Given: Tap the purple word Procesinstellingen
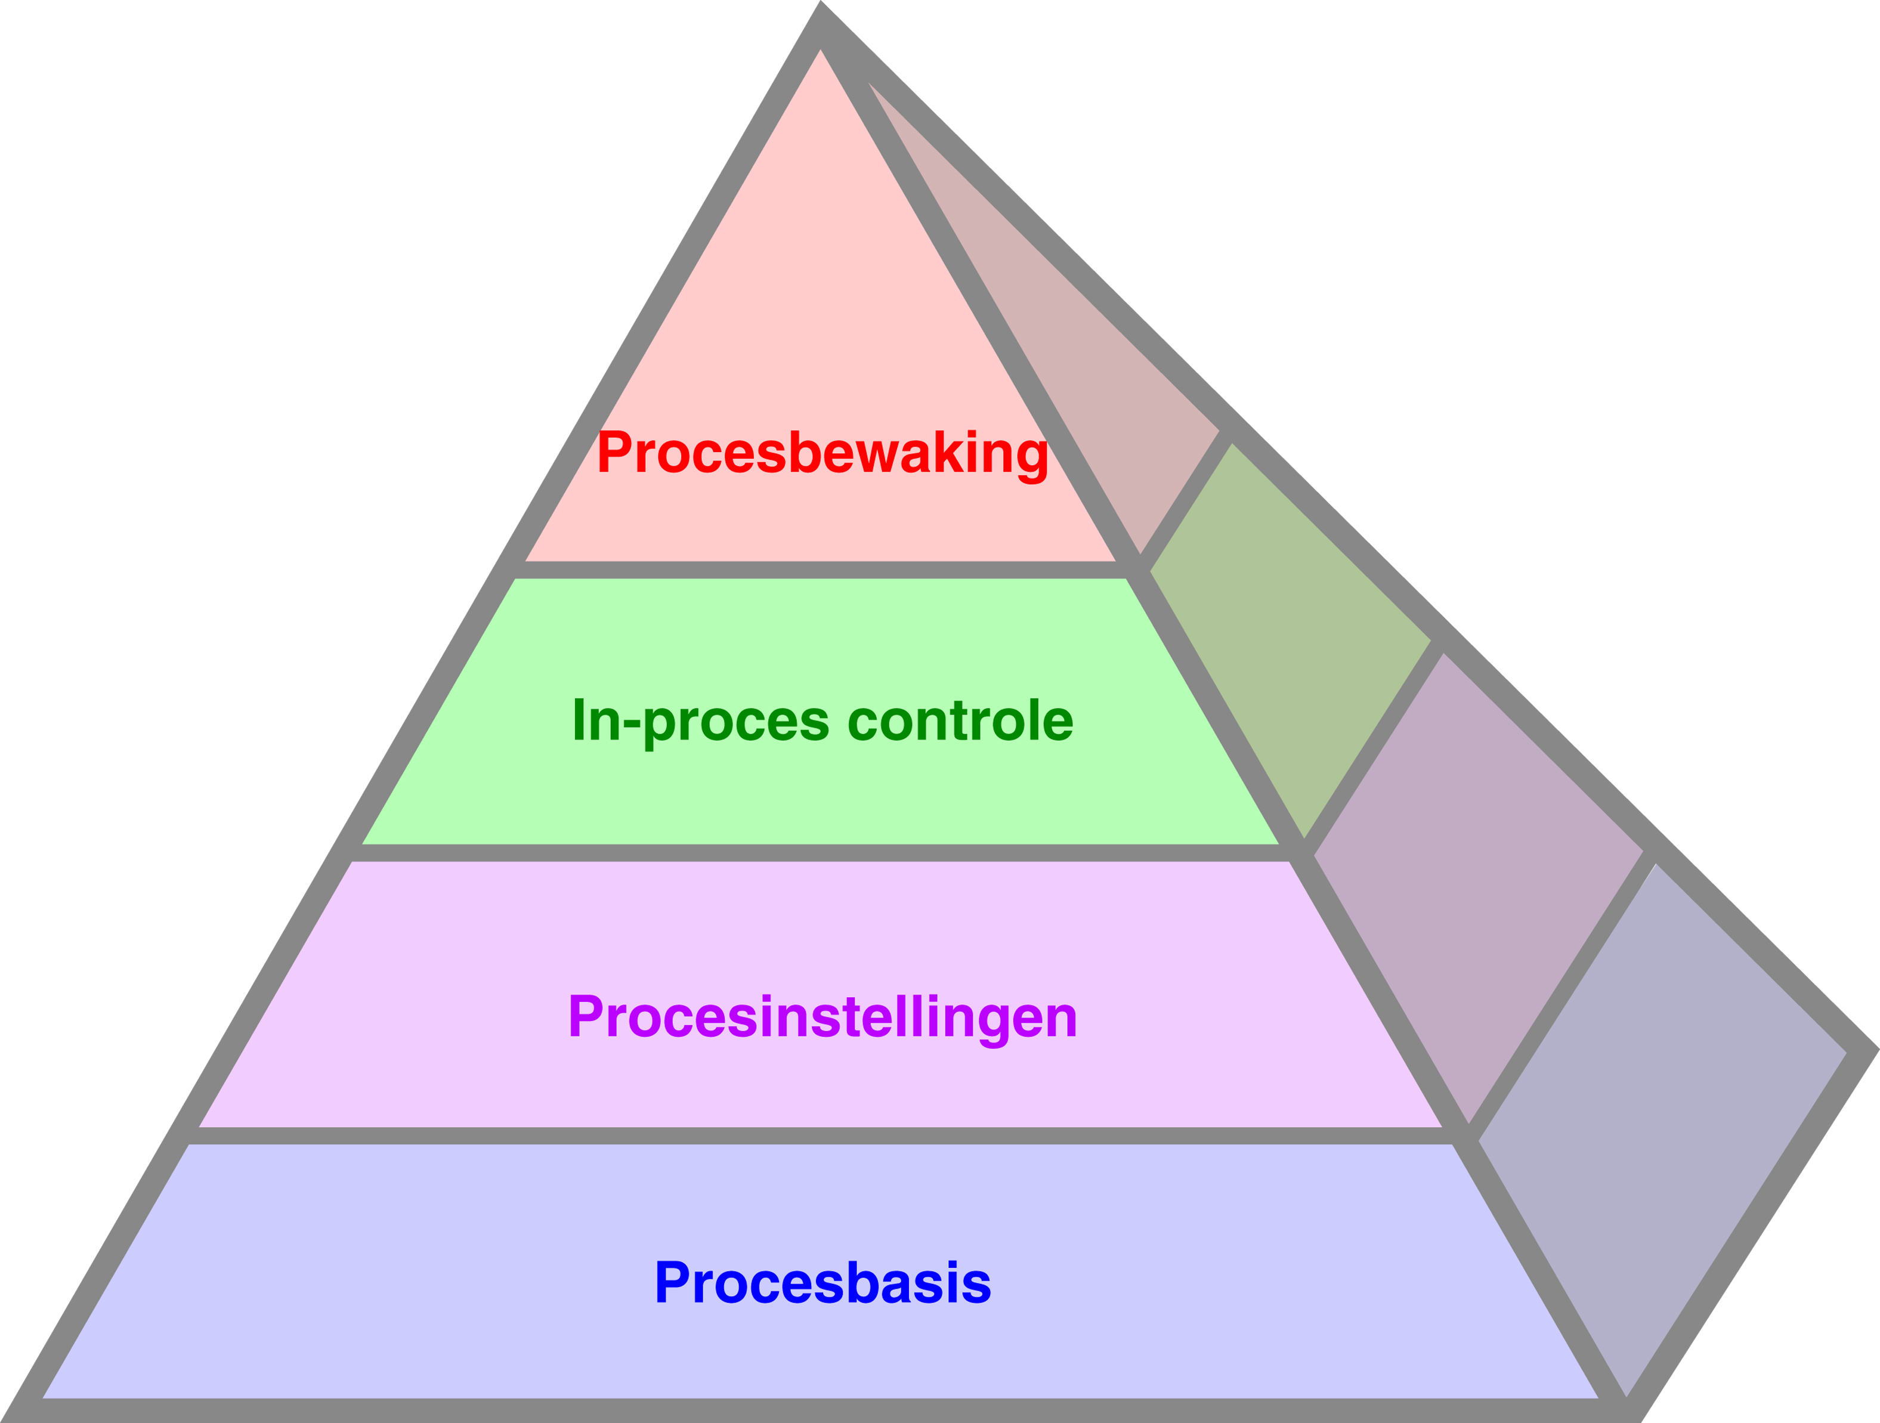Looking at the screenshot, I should [822, 1017].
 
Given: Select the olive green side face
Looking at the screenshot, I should [1292, 638].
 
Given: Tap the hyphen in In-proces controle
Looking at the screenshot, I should [632, 723].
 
